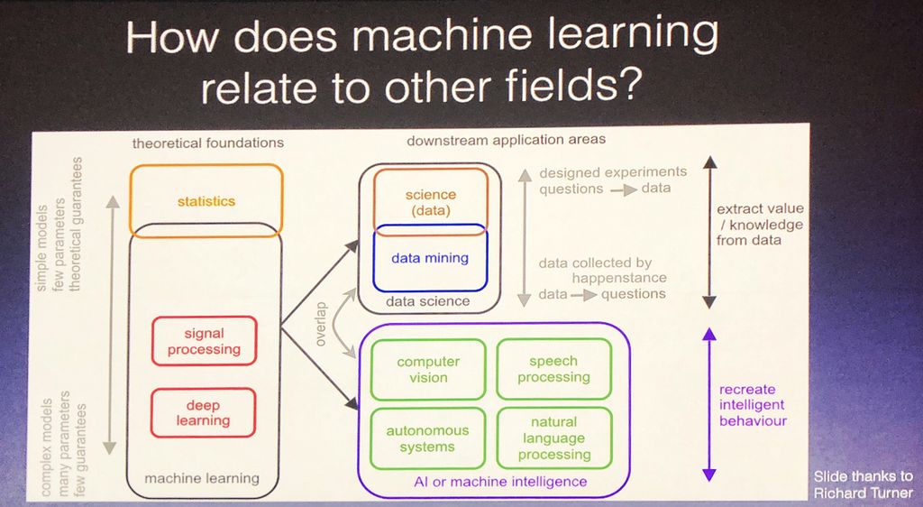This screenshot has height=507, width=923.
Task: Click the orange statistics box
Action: coord(206,200)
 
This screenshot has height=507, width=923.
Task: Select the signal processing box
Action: coord(204,341)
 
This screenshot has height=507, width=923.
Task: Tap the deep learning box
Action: coord(204,413)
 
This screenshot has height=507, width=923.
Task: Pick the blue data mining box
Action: coord(430,258)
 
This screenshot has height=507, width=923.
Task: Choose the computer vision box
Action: coord(428,369)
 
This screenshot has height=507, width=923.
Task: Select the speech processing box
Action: coord(553,369)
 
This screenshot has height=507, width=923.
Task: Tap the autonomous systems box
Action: coord(427,438)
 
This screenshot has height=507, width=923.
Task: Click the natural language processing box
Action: coord(554,438)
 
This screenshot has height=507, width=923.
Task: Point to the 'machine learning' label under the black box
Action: coord(202,478)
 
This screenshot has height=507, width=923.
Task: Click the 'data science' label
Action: coord(428,301)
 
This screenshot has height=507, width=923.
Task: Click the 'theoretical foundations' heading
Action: coord(208,143)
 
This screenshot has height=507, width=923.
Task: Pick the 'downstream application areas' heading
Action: coord(507,140)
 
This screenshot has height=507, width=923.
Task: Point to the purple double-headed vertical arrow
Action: coord(708,403)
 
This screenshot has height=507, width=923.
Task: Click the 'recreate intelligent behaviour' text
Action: coord(753,405)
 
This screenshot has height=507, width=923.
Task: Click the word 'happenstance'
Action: coord(619,278)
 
